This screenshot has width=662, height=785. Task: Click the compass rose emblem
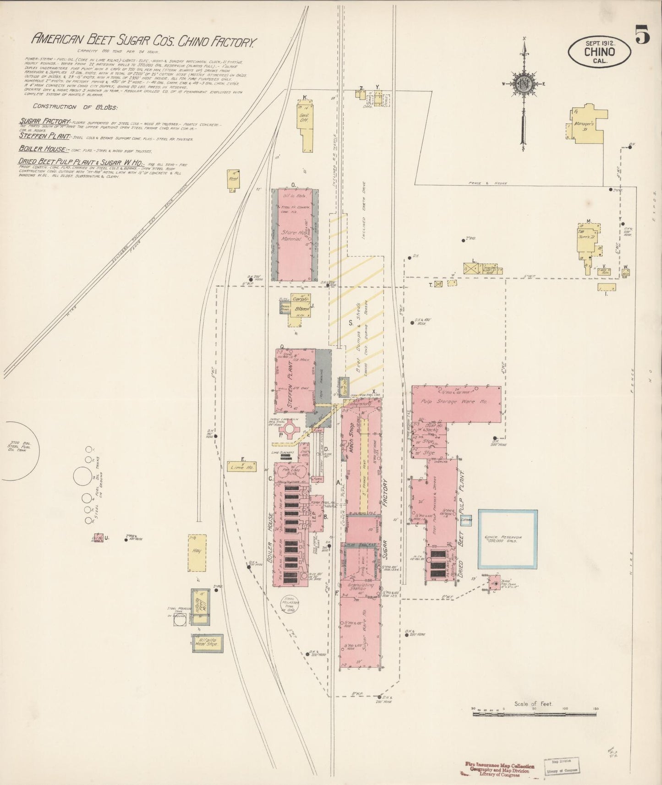pyautogui.click(x=524, y=84)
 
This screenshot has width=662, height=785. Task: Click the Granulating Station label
pyautogui.click(x=361, y=587)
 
